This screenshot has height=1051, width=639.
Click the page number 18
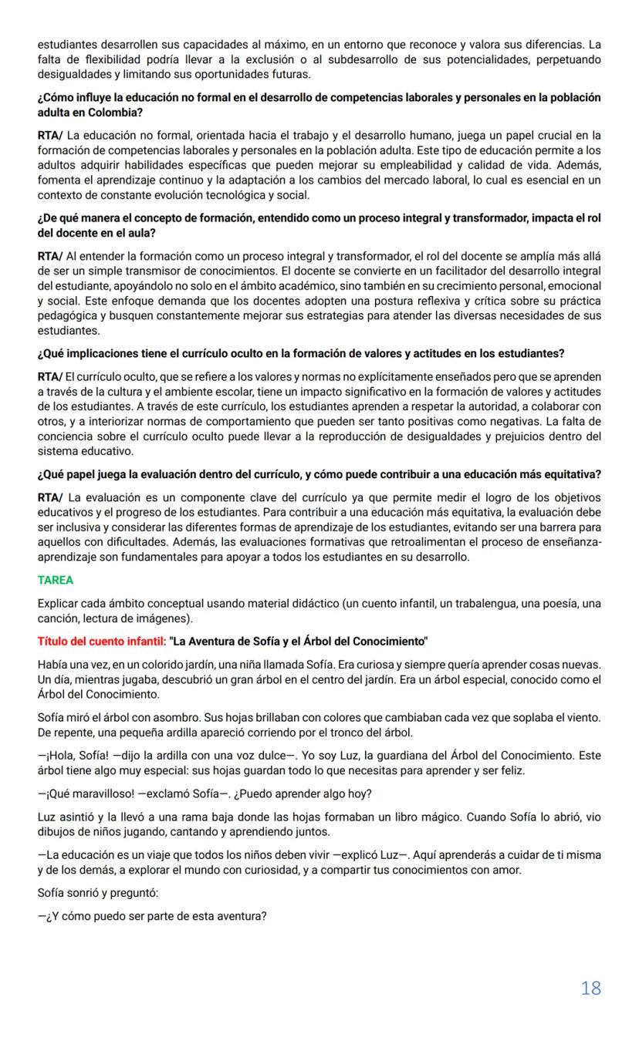point(590,988)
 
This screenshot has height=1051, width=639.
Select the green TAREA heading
point(55,580)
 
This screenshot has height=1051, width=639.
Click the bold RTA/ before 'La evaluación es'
point(50,497)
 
